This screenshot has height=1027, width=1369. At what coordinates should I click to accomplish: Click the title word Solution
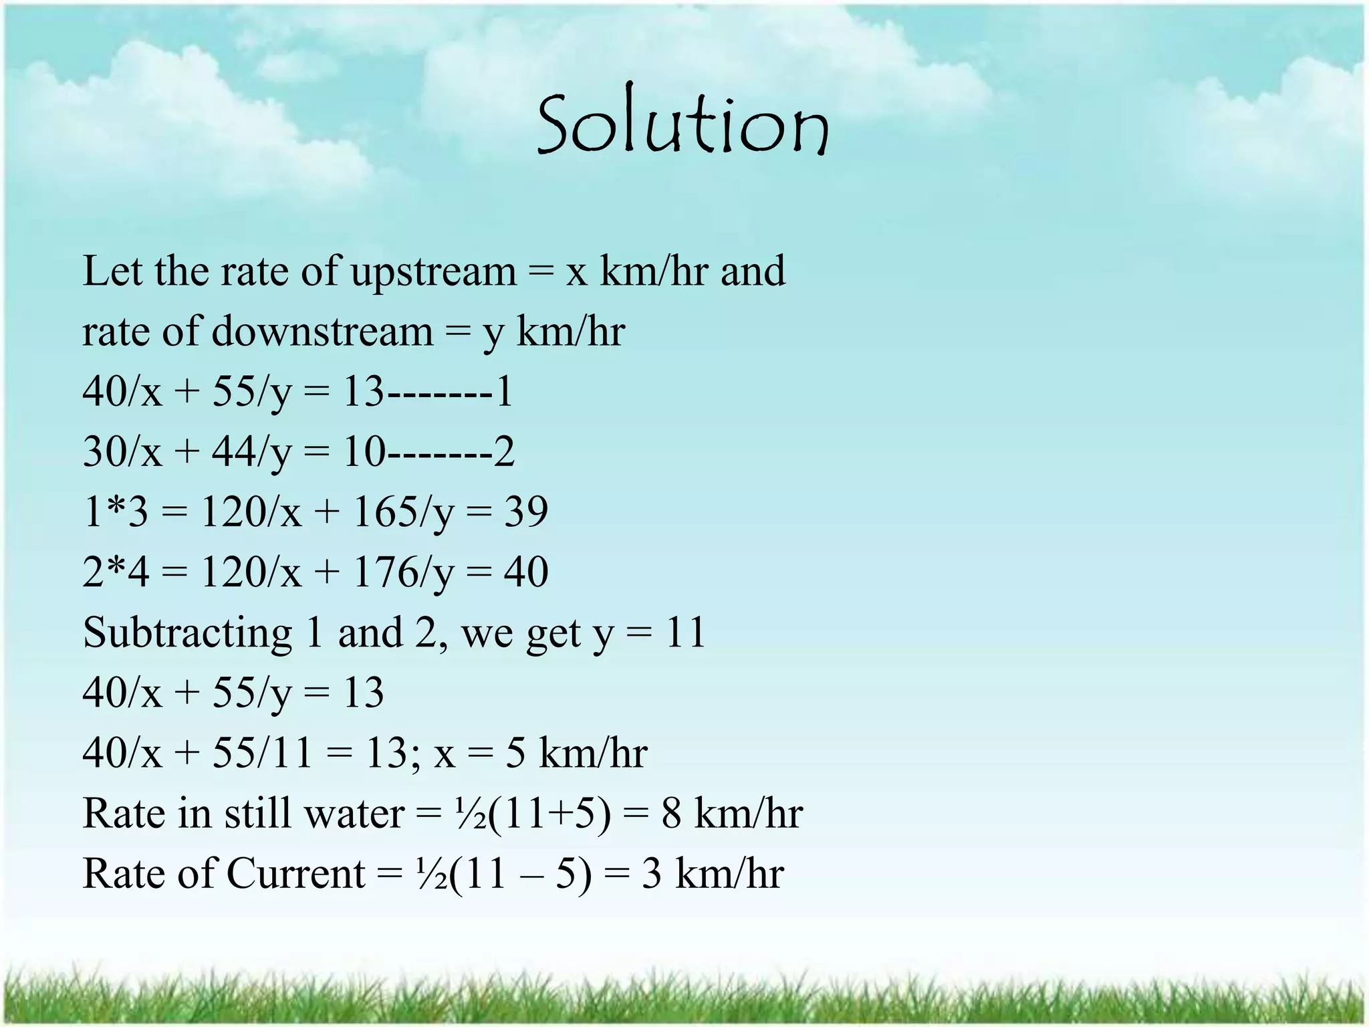coord(682,125)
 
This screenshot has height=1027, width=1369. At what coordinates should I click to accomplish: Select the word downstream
coord(323,332)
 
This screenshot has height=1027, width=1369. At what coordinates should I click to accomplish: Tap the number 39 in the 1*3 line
coord(526,512)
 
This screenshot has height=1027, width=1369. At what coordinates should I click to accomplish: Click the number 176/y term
coord(403,573)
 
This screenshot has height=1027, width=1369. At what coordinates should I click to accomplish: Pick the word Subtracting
coord(188,633)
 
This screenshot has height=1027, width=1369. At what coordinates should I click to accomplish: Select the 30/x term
coord(122,452)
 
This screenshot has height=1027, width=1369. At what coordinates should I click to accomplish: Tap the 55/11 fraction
coord(262,753)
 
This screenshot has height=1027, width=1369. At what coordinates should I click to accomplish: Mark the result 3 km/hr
coord(713,874)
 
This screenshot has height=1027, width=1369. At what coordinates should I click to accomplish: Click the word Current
coord(296,874)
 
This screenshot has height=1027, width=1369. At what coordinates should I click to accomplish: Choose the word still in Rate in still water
coord(257,814)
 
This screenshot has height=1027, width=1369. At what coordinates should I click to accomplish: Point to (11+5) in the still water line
coord(549,814)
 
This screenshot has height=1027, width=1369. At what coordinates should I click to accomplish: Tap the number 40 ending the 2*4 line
coord(526,573)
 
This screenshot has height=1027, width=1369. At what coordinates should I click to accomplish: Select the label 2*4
coord(115,573)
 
